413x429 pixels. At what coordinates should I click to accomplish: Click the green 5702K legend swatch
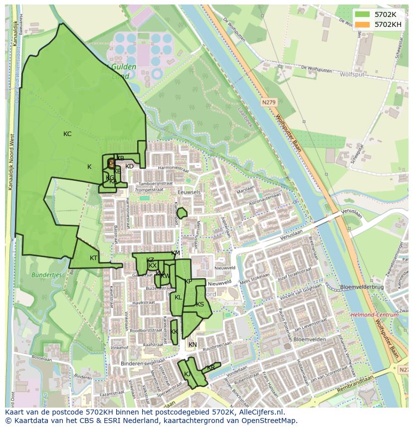tap(363, 14)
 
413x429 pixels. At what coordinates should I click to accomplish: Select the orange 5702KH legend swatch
tap(363, 24)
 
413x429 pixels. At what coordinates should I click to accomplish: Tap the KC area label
tap(67, 134)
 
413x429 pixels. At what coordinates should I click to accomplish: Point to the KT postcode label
tap(94, 258)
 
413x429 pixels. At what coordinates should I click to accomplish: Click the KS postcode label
tap(200, 304)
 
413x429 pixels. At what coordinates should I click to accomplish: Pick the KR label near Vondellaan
tap(210, 368)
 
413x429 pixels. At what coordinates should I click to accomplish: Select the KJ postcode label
tap(188, 374)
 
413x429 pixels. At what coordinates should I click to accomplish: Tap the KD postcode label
tap(129, 166)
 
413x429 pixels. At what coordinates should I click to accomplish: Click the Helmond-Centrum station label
tap(375, 315)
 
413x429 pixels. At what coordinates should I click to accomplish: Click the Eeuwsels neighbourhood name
tap(189, 191)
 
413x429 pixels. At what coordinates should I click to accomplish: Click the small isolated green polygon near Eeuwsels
tap(182, 213)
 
